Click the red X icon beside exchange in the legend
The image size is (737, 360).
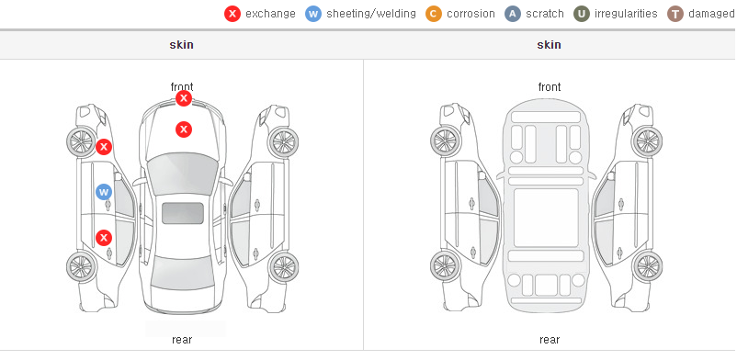coord(232,14)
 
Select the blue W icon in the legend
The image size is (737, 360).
coord(313,14)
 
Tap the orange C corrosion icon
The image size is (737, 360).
coord(434,14)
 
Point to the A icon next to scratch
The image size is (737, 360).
coord(513,14)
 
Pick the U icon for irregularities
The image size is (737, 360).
coord(582,14)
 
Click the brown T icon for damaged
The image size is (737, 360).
coord(675,14)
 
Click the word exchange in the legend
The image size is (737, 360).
coord(270,14)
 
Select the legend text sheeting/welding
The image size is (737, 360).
coord(371,14)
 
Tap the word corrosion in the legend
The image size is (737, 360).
coord(471,14)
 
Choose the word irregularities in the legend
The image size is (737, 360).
coord(626,14)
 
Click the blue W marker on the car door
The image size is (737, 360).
coord(104,192)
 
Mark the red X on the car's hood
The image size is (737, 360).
coord(184,129)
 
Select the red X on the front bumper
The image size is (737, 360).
coord(184,98)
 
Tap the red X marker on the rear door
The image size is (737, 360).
coord(104,238)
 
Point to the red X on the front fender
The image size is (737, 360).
coord(104,147)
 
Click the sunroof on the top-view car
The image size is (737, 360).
coord(183,213)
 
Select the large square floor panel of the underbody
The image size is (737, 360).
coord(546,218)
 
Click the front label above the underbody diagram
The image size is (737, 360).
coord(550,87)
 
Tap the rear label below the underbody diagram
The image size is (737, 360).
coord(550,340)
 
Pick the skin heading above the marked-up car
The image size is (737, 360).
coord(181,45)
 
